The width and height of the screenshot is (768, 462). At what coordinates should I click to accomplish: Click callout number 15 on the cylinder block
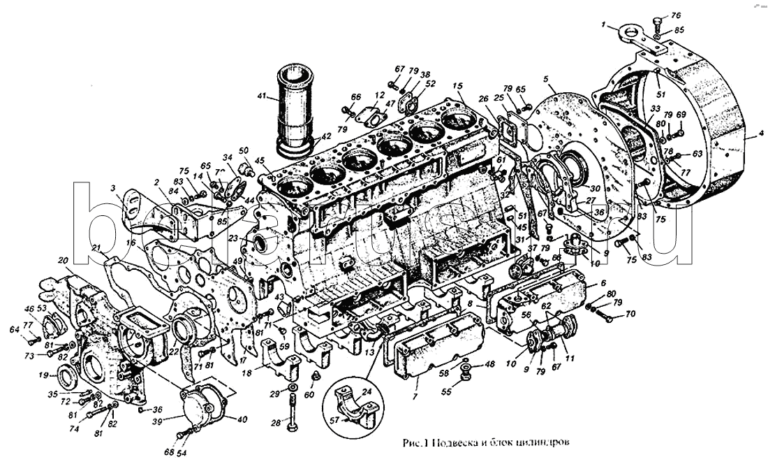pyautogui.click(x=457, y=86)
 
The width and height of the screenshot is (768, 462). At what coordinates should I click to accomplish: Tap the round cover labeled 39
pyautogui.click(x=202, y=403)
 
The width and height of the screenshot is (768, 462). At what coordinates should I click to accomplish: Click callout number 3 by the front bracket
pyautogui.click(x=112, y=188)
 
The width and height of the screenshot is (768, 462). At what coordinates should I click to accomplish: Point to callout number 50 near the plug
pyautogui.click(x=243, y=151)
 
